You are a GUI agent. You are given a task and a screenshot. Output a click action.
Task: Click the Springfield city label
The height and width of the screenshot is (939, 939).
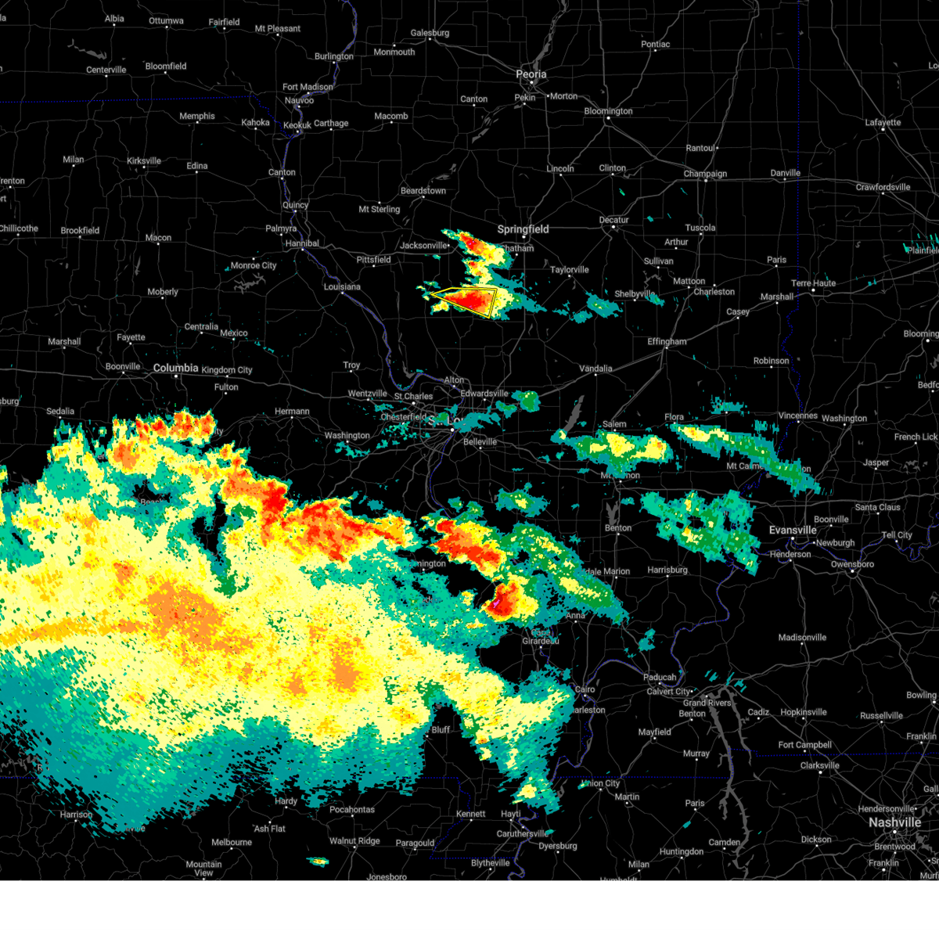point(523,229)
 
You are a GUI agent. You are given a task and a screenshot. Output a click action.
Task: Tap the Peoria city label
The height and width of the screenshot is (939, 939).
point(531,74)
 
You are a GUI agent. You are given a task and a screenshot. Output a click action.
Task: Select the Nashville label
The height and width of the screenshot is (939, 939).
point(894,822)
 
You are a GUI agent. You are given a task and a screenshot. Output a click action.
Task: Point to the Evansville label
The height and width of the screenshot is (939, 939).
point(793,531)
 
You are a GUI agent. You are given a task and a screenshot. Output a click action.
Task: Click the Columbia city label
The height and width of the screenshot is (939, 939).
point(175,368)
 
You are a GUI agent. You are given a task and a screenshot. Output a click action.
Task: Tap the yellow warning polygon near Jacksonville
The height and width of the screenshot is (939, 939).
point(465,300)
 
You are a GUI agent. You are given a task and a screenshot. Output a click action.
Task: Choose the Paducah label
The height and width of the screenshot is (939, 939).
point(660,678)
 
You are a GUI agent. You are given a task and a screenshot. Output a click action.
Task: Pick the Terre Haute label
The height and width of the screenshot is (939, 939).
point(813,283)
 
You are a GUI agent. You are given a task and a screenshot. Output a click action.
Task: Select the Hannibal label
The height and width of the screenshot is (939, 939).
point(302,243)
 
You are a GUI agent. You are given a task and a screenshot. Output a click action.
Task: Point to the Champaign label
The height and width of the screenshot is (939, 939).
point(705,174)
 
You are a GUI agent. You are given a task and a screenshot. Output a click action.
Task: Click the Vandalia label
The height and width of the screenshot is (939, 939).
point(595,369)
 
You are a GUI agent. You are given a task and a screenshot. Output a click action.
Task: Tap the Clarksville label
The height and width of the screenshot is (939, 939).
point(819,766)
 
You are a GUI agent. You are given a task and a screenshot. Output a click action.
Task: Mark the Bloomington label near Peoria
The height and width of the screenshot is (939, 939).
point(608,111)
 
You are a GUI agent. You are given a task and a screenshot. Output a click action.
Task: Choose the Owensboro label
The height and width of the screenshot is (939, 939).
point(852,564)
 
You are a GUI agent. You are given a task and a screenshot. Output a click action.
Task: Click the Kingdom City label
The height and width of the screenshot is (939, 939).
point(227,370)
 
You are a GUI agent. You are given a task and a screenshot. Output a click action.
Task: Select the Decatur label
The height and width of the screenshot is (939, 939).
point(613,220)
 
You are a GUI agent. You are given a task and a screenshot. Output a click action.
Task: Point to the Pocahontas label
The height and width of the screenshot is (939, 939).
point(351,810)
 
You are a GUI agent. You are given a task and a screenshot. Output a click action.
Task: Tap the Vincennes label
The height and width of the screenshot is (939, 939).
point(797,416)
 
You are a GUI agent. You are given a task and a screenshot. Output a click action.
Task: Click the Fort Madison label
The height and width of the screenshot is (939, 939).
point(308,87)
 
